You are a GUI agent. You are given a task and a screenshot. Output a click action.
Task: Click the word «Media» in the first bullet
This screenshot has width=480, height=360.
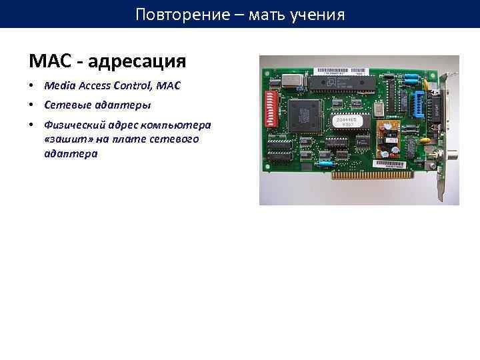click(59, 86)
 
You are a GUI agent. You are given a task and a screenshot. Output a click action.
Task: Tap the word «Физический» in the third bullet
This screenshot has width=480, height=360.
click(73, 125)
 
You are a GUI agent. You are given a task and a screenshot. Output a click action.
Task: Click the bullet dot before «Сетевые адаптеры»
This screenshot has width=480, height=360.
click(32, 105)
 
